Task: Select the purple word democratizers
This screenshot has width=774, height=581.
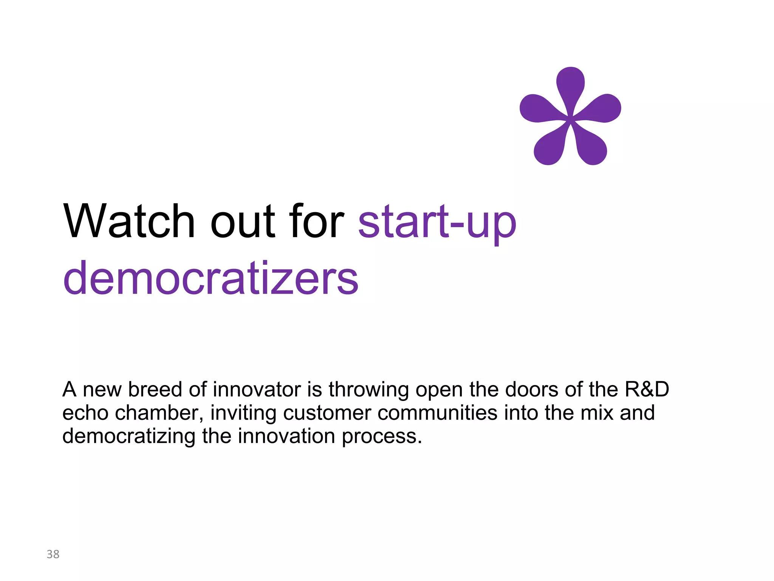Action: coord(211,278)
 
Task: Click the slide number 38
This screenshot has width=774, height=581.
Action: coord(53,554)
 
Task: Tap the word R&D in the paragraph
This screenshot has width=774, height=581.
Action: coord(647,389)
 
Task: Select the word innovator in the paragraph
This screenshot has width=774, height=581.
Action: coord(257,389)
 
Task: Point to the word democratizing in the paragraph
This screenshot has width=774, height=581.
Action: coord(129,436)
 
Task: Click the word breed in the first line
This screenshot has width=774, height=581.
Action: coord(155,389)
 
